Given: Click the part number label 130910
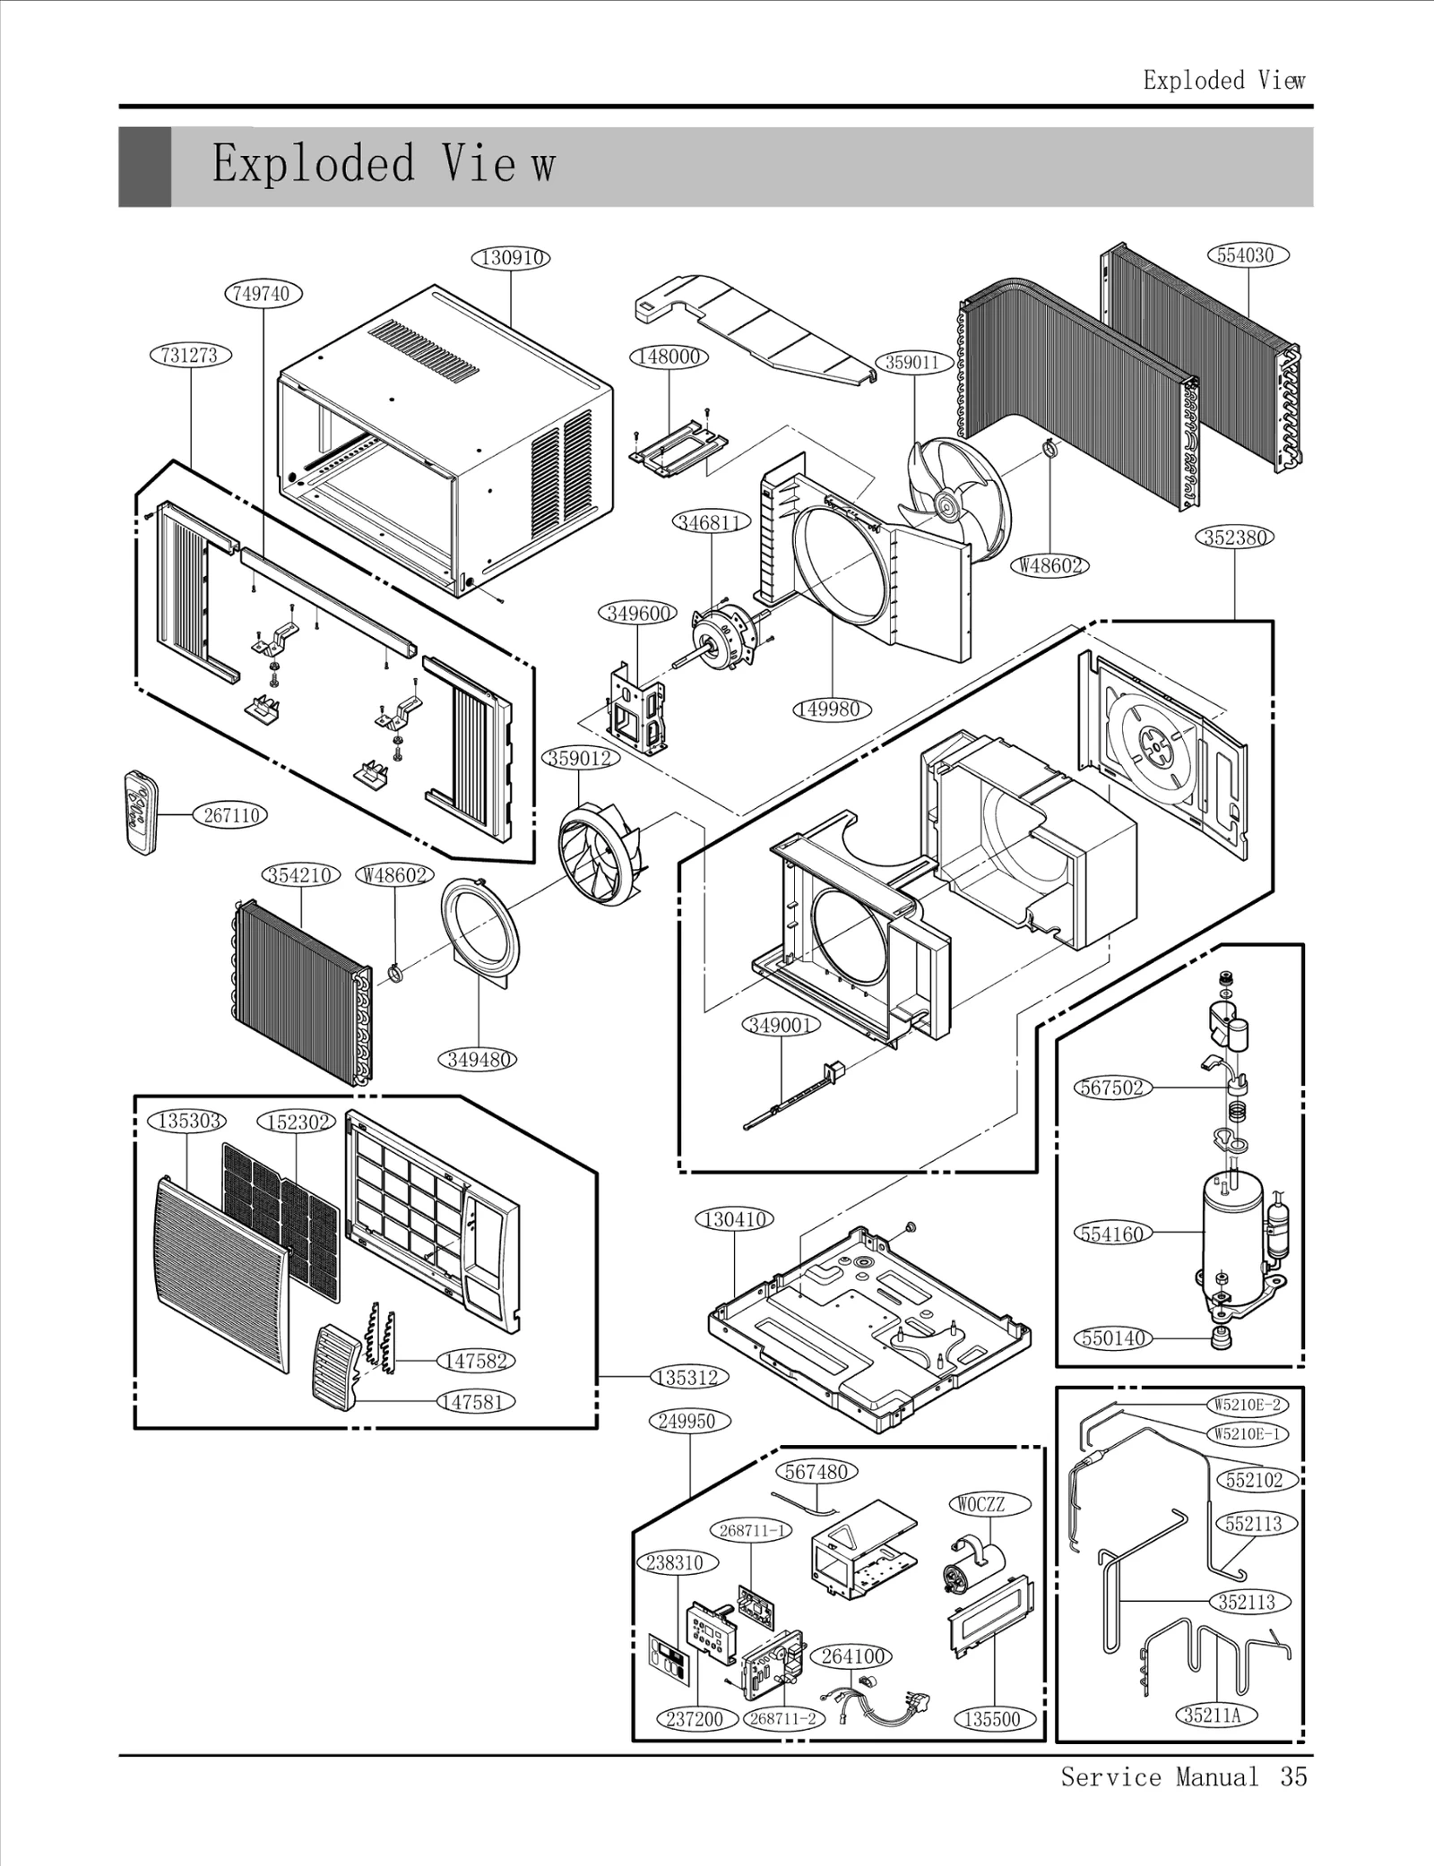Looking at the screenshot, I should coord(510,258).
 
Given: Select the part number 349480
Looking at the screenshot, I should coord(479,1060).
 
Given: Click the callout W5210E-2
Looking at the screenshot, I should coord(1247,1405).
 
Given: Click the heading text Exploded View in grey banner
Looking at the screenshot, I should coord(384,165).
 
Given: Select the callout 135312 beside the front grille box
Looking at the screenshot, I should coord(687,1377).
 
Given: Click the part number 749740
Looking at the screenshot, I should coord(263,293).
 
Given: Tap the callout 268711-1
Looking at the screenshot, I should coord(752,1530).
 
